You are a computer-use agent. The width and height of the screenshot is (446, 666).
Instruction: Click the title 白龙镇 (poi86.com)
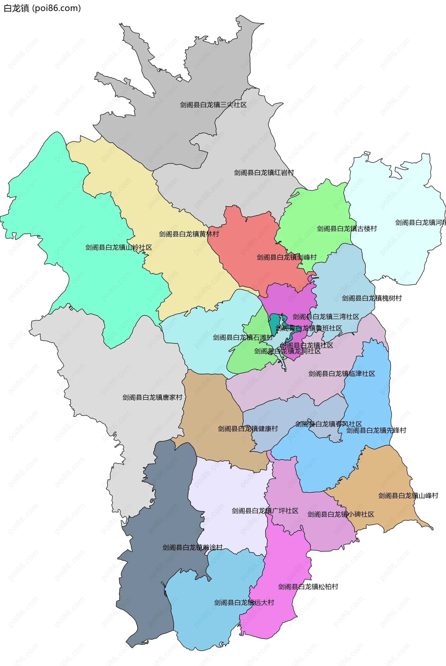tap(42, 8)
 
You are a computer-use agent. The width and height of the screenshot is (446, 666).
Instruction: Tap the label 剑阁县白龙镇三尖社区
tap(213, 105)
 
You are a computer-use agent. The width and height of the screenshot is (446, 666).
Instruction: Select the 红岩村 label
tap(264, 173)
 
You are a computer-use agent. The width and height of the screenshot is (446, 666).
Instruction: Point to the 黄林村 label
tap(189, 234)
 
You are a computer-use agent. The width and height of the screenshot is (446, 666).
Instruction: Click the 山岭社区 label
tap(119, 248)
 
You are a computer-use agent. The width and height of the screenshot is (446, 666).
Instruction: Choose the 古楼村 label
tap(347, 229)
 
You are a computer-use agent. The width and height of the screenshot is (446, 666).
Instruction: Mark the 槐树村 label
tap(371, 298)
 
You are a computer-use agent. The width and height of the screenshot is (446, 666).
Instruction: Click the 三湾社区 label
tap(326, 317)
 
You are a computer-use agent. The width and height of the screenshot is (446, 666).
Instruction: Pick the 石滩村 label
tap(242, 338)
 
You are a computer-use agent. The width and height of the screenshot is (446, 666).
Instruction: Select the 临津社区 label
tap(342, 374)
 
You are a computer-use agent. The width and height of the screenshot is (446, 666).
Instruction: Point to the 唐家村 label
tap(152, 397)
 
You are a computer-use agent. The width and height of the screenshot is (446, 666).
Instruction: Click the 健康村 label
tap(248, 429)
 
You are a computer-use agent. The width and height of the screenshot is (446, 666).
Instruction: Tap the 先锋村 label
tap(376, 431)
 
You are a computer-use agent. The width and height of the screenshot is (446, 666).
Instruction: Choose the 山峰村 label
tap(408, 496)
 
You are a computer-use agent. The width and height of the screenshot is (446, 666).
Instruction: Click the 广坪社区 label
tap(265, 511)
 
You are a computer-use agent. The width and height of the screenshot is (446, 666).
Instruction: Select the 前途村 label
tap(192, 548)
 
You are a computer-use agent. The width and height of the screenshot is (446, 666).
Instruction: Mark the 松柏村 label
tap(308, 587)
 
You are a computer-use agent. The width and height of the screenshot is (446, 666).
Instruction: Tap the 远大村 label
tap(244, 603)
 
